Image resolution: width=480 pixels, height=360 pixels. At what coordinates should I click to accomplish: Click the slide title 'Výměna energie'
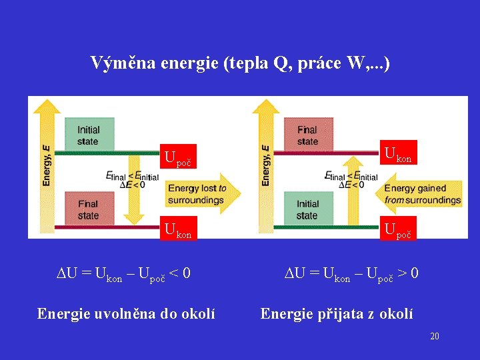tap(240, 63)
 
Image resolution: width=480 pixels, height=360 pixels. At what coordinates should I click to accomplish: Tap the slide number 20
tap(434, 336)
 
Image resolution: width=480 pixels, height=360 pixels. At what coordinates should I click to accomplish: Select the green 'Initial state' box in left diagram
tap(89, 135)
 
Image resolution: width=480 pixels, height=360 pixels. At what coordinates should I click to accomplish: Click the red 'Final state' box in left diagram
tap(88, 209)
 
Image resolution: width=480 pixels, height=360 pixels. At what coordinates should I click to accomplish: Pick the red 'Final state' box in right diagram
tap(307, 135)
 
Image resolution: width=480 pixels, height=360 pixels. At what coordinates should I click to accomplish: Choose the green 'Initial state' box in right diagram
tap(307, 209)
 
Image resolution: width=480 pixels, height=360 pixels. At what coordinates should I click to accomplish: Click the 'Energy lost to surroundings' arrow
tap(200, 194)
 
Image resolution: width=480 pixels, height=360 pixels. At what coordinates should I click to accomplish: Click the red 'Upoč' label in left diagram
tap(179, 158)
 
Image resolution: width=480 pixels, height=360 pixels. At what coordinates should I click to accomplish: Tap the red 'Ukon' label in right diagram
tap(398, 153)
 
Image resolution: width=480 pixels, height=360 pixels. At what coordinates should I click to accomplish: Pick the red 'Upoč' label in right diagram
tap(398, 229)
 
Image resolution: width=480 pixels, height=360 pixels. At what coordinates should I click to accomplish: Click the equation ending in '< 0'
tap(123, 273)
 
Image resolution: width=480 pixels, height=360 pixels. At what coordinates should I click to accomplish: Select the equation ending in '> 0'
tap(351, 273)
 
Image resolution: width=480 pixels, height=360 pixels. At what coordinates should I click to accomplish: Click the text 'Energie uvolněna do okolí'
tap(126, 313)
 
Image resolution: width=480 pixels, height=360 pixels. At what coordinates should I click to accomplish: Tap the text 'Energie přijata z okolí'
tap(337, 313)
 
